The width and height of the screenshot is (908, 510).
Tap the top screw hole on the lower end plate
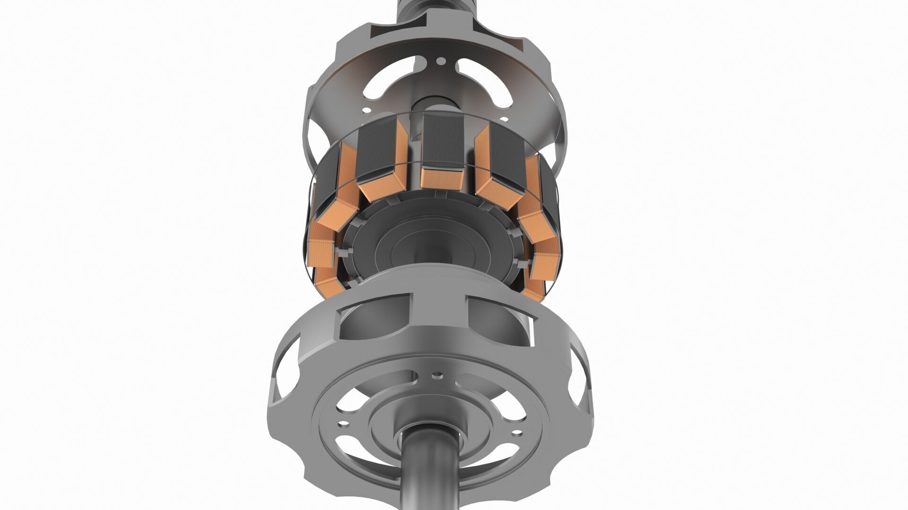click(x=438, y=375)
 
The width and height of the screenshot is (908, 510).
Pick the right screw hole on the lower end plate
click(x=516, y=432)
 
